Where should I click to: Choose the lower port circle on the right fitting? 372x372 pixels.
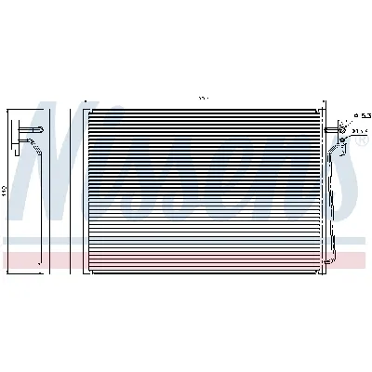(x=343, y=139)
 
